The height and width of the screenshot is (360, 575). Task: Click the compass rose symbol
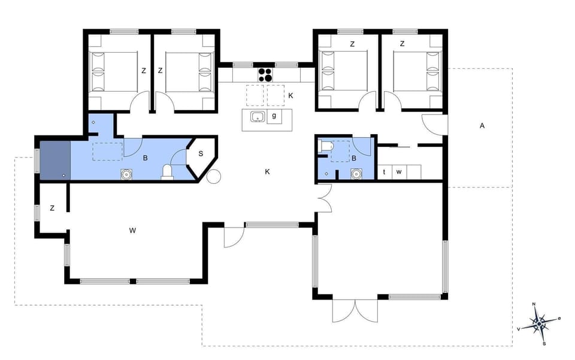539,324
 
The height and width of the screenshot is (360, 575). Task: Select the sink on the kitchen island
258,117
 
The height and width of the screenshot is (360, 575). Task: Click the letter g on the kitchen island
274,116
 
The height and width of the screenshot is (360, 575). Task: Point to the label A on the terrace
482,126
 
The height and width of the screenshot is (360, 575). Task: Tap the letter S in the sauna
201,154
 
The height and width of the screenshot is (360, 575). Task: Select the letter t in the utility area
384,172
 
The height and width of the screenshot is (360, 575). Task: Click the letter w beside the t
398,172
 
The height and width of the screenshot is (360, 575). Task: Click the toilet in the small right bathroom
326,147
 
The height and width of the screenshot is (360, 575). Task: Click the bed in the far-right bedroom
417,71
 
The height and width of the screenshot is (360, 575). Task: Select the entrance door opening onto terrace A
435,124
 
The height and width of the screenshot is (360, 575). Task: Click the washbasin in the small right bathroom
356,174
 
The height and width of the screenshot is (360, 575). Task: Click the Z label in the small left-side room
52,208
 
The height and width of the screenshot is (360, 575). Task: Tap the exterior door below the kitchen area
234,237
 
